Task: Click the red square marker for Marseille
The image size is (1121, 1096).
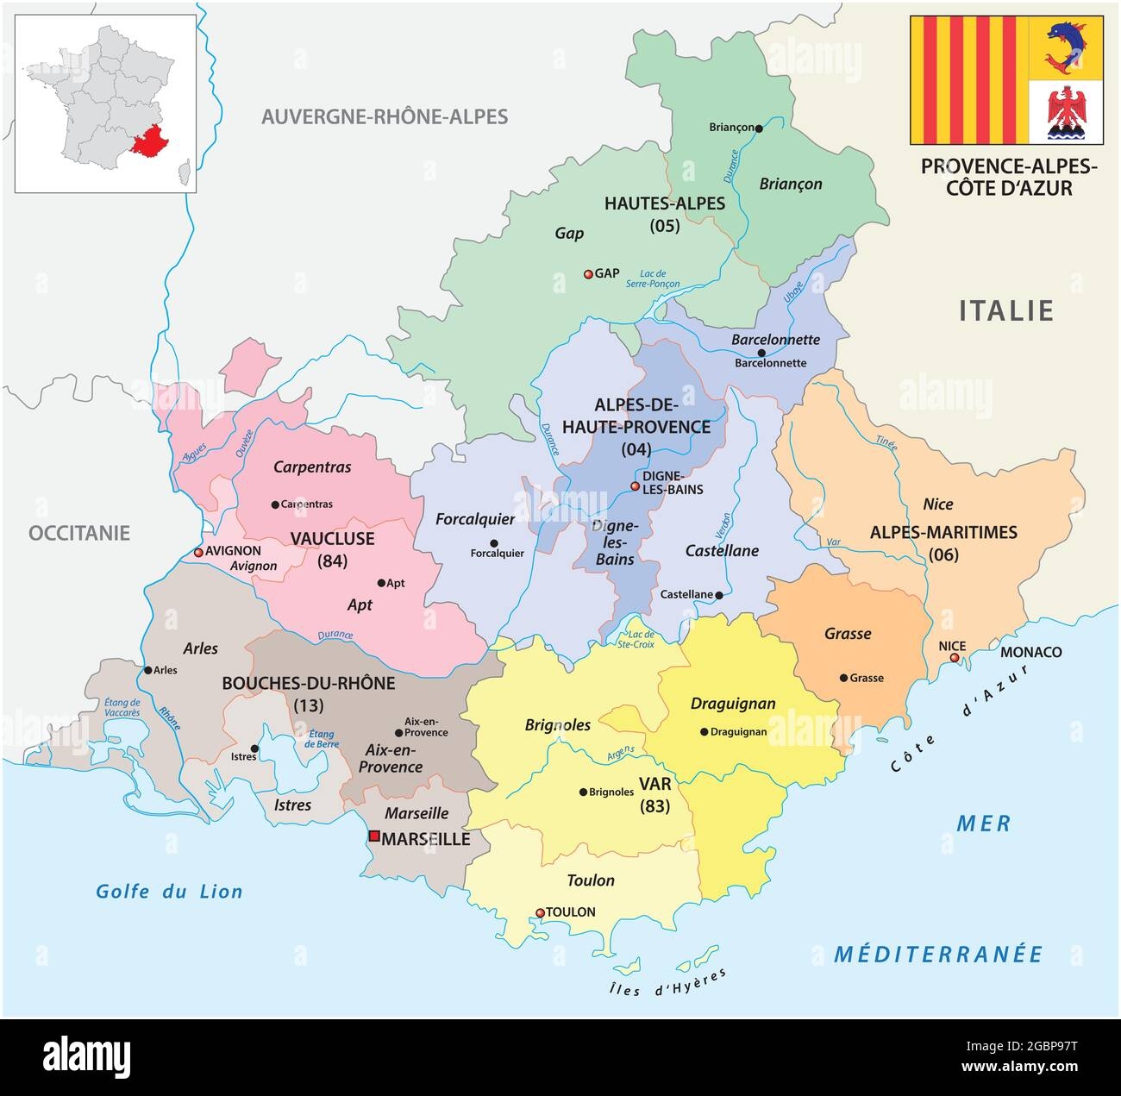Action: [374, 836]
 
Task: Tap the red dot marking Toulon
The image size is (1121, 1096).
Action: [541, 912]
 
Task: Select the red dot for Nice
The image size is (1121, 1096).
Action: [955, 658]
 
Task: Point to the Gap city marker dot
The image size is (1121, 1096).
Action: [588, 274]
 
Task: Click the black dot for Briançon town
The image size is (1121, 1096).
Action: [759, 128]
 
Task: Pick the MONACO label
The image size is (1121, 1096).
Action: [1030, 652]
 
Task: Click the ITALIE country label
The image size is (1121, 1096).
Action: [1006, 310]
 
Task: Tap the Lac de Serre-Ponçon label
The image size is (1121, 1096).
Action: [659, 278]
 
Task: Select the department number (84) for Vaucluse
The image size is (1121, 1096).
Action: [332, 561]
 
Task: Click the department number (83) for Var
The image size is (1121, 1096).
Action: [654, 807]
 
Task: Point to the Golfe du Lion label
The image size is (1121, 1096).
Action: [170, 892]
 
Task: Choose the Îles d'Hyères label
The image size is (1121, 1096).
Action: [662, 983]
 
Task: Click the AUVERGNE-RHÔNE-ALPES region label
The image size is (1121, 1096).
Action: [385, 116]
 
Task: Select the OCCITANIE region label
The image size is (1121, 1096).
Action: [79, 533]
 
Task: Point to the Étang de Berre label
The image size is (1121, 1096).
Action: [321, 740]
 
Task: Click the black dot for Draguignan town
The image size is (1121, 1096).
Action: [704, 732]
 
